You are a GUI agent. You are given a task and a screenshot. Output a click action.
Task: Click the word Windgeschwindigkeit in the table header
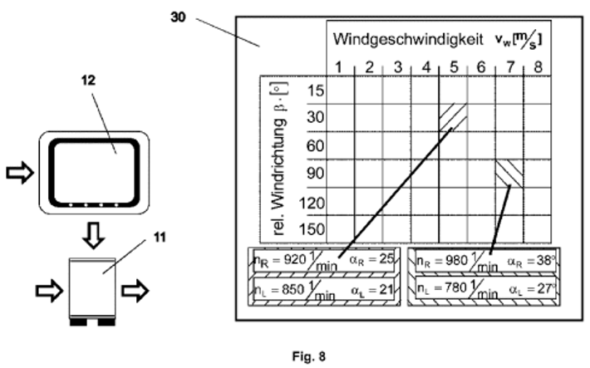(x=408, y=40)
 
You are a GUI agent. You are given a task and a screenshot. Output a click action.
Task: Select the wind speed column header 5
(x=455, y=67)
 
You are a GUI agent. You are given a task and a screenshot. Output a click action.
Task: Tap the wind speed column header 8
(x=538, y=67)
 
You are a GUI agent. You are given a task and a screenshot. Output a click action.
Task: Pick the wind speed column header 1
(x=339, y=67)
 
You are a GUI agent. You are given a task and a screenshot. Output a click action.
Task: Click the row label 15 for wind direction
(x=315, y=91)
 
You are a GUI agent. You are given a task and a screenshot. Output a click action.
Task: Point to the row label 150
(x=312, y=228)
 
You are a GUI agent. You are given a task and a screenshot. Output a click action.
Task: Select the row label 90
(x=315, y=174)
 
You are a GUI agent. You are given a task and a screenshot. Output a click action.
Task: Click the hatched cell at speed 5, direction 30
(x=453, y=117)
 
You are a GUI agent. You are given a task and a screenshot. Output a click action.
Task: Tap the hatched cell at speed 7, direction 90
(x=509, y=174)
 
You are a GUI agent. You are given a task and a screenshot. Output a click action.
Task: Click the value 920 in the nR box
(x=294, y=259)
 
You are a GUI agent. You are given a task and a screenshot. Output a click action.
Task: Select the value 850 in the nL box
(x=293, y=289)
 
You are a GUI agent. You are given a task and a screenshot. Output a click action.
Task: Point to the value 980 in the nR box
(x=456, y=260)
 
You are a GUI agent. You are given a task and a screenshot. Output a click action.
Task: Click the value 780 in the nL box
(x=456, y=288)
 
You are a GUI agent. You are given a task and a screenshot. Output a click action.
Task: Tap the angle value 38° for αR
(x=546, y=260)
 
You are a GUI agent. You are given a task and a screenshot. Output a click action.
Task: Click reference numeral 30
(x=178, y=17)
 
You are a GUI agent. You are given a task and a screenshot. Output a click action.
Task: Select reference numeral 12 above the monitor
(x=88, y=80)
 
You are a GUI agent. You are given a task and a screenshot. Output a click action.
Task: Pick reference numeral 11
(x=160, y=238)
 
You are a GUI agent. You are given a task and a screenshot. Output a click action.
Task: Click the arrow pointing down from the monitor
(x=93, y=235)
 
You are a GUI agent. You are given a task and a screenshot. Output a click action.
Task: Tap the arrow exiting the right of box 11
(x=135, y=291)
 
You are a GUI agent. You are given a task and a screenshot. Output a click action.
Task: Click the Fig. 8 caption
(x=309, y=356)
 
